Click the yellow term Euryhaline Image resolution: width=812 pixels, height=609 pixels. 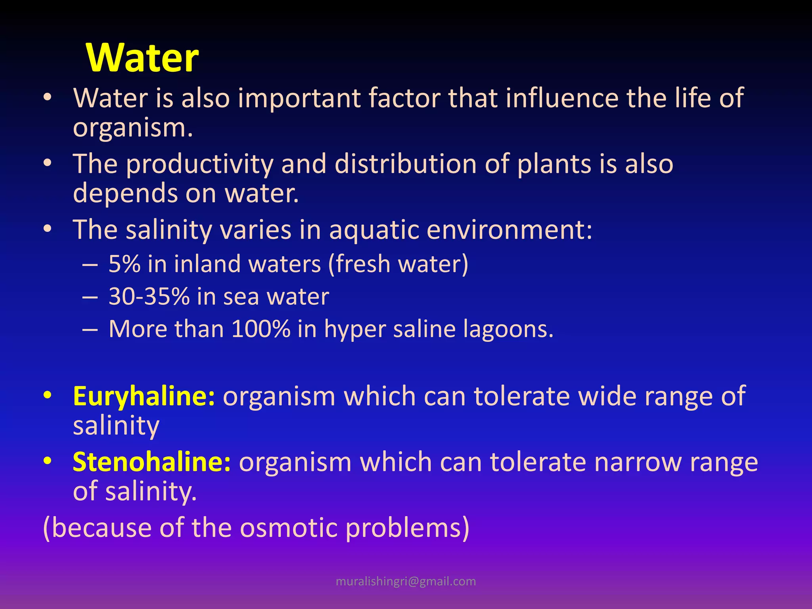(x=144, y=396)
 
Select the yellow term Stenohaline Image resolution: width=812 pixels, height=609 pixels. (x=151, y=462)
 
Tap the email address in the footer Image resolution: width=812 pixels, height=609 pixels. (x=406, y=581)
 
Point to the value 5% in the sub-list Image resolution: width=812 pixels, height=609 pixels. (x=124, y=264)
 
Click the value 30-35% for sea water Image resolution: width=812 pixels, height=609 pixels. (x=149, y=296)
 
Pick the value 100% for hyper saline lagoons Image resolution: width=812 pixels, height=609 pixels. (x=260, y=329)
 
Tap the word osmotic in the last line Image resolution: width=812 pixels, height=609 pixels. (x=289, y=528)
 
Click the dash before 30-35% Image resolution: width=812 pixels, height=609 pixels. (x=90, y=297)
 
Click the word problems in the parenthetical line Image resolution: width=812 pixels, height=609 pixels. (x=407, y=528)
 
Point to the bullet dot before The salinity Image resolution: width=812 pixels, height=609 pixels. (x=48, y=229)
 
